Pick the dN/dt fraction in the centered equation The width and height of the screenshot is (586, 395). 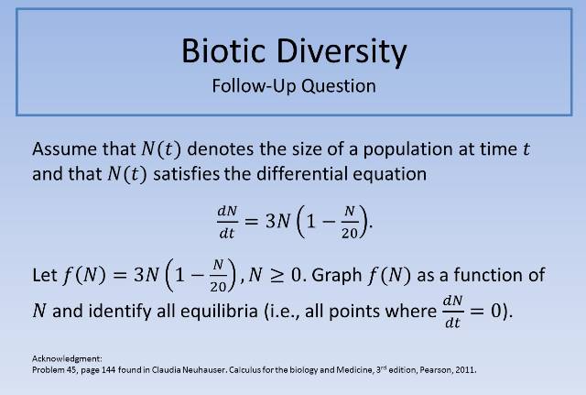click(226, 221)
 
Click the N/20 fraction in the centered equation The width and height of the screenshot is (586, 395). click(349, 221)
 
